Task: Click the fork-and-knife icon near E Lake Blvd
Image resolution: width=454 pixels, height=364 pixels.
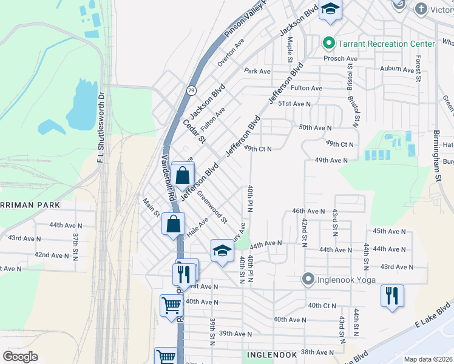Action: click(x=392, y=297)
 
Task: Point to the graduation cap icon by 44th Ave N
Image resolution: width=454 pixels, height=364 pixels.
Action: click(x=222, y=251)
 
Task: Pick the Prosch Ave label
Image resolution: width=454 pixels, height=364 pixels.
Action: click(x=340, y=59)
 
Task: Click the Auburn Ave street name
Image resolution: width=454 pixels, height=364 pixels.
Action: click(x=396, y=70)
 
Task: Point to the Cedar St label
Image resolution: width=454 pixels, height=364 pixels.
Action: click(x=195, y=132)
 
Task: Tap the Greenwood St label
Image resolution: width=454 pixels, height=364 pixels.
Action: click(x=212, y=206)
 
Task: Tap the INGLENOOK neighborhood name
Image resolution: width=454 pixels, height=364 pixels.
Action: click(x=271, y=354)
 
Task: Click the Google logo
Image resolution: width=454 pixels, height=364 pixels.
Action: click(x=20, y=357)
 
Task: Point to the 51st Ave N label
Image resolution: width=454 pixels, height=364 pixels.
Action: click(x=294, y=104)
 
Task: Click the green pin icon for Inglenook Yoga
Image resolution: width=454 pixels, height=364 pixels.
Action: click(x=309, y=280)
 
